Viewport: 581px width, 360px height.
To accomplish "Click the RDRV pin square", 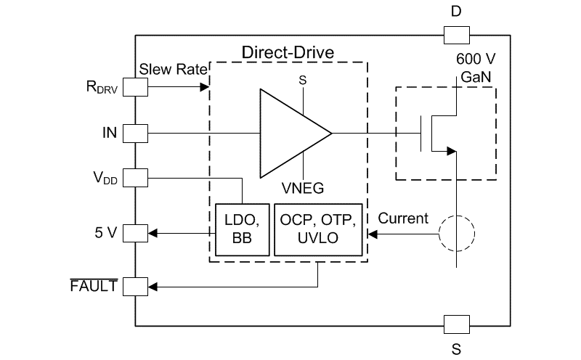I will [x=136, y=88].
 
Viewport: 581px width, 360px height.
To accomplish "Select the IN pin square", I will [x=136, y=133].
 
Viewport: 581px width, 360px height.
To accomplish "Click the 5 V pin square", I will [x=136, y=233].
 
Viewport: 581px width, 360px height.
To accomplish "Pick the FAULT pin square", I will [x=136, y=287].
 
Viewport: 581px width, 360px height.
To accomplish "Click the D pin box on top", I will [x=456, y=34].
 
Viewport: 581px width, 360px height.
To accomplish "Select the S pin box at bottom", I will [x=456, y=324].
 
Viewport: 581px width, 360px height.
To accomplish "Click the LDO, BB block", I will [x=240, y=229].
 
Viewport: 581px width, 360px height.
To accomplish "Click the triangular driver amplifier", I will [x=290, y=134].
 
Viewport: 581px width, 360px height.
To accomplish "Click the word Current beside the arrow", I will [x=403, y=218].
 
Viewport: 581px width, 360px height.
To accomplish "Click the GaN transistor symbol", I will [x=443, y=133].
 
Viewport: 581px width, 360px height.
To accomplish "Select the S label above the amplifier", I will [x=303, y=80].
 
